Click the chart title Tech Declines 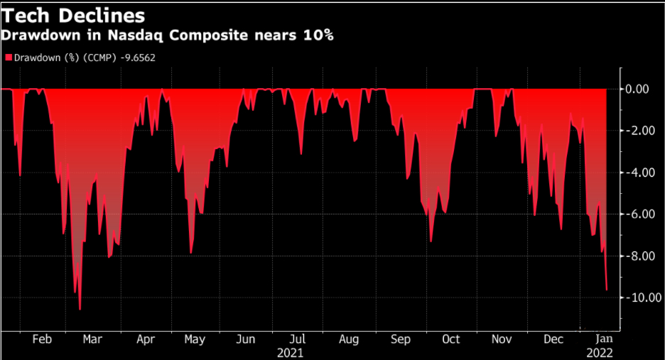[x=74, y=15]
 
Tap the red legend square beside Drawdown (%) [x=9, y=56]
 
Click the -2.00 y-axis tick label [x=637, y=131]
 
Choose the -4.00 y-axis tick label [x=637, y=173]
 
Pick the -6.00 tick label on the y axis [x=637, y=214]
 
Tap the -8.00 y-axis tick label [x=637, y=256]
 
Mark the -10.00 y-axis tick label [x=635, y=298]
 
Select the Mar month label [x=92, y=340]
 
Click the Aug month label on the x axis [x=348, y=340]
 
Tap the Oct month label [x=450, y=340]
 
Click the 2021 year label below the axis [x=291, y=352]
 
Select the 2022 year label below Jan [x=599, y=352]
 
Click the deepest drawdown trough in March [x=80, y=310]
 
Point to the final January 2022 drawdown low [x=607, y=290]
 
